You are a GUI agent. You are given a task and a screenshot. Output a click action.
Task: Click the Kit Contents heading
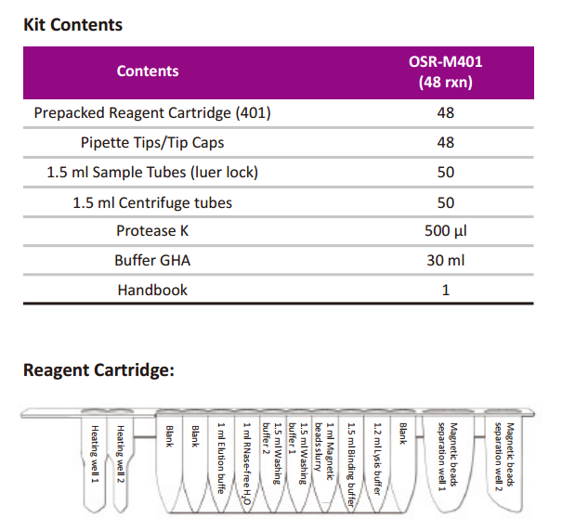(x=73, y=25)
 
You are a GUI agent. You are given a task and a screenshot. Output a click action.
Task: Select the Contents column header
(x=148, y=71)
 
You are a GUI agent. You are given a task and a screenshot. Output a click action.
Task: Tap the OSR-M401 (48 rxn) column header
(x=446, y=71)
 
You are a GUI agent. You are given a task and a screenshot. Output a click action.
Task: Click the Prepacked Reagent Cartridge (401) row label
(x=152, y=113)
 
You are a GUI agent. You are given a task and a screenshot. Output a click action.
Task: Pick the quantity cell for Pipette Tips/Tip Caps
(x=446, y=143)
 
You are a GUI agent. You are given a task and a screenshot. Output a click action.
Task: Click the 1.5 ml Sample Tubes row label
(x=152, y=173)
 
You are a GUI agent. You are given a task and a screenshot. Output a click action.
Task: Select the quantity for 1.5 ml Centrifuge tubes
(x=446, y=202)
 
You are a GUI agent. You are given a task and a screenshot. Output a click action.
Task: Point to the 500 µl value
(x=446, y=231)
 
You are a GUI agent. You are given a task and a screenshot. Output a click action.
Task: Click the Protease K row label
(x=152, y=231)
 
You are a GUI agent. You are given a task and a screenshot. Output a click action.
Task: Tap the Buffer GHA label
(x=152, y=261)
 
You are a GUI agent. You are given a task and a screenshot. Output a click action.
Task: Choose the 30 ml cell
(x=446, y=261)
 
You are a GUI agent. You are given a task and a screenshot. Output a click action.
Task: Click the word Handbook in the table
(x=152, y=291)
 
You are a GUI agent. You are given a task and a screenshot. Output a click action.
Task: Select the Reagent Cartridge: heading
(x=98, y=370)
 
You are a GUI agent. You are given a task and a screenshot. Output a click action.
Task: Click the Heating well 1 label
(x=95, y=454)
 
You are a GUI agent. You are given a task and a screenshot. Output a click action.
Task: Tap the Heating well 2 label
(x=120, y=454)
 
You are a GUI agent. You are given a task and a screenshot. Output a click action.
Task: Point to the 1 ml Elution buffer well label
(x=221, y=458)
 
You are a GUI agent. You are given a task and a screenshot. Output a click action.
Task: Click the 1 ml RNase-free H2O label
(x=247, y=463)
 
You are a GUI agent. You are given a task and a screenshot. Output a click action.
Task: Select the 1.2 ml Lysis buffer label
(x=377, y=459)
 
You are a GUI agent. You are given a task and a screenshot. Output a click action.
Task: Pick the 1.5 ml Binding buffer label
(x=351, y=465)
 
